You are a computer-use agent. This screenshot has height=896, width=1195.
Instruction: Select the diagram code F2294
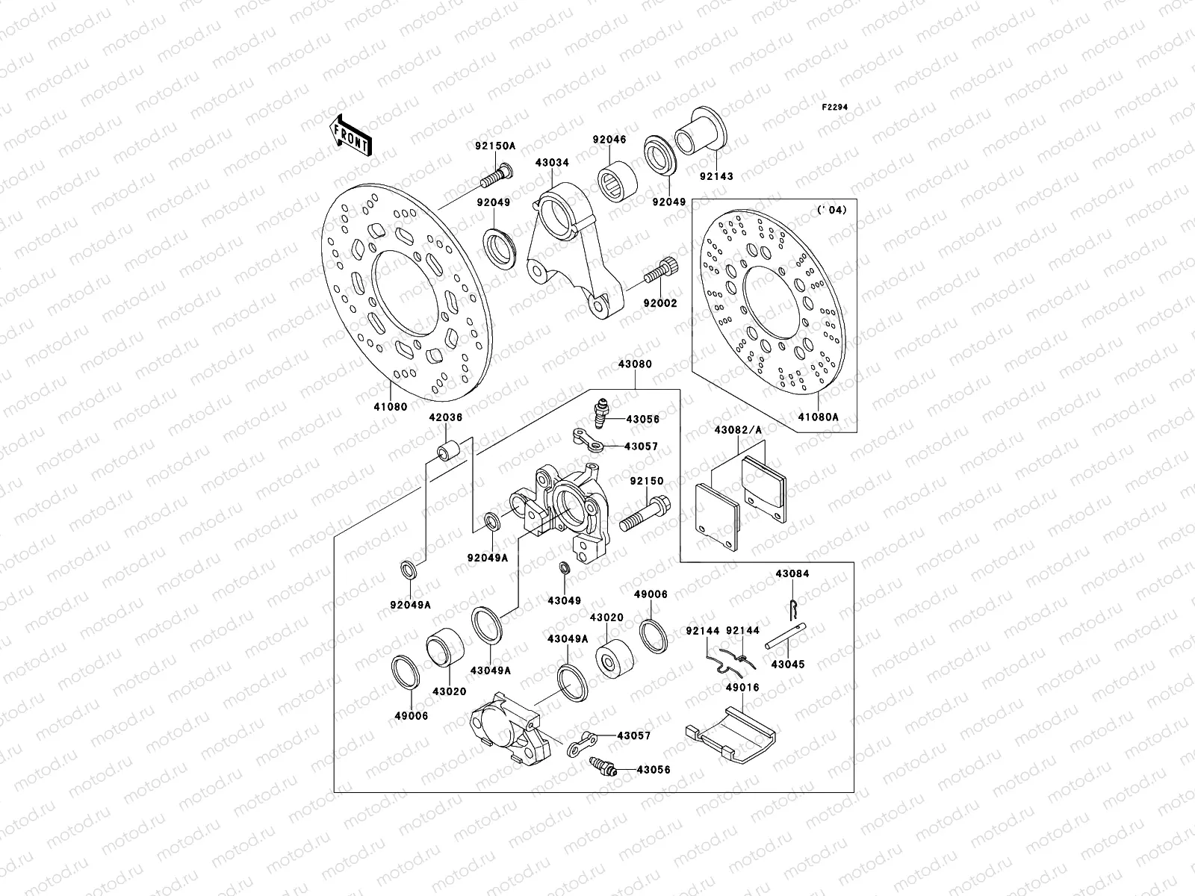(x=835, y=108)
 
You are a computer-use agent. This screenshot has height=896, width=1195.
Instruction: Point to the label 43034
(x=550, y=161)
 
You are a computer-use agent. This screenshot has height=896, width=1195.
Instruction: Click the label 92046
(x=609, y=140)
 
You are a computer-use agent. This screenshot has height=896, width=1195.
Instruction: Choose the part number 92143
(x=716, y=177)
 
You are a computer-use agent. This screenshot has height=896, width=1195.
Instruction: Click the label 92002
(x=661, y=303)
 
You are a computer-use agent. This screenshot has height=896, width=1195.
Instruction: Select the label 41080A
(x=818, y=417)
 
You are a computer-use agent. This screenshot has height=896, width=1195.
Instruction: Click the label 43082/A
(x=738, y=429)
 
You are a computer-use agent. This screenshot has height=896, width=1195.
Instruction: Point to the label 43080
(x=635, y=364)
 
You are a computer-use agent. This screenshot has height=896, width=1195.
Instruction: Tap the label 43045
(x=788, y=664)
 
